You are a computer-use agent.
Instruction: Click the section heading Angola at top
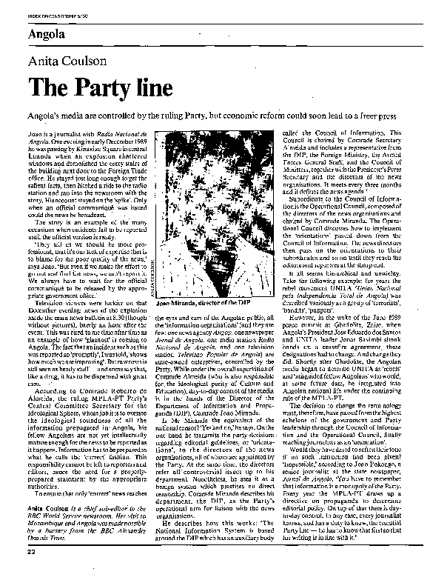click(x=47, y=35)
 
